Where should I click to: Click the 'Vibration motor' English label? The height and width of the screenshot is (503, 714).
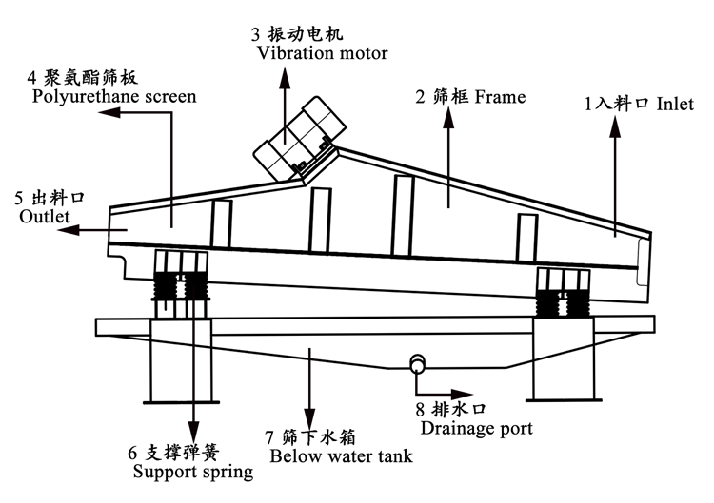coord(322,53)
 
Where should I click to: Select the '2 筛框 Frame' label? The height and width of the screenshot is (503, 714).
coord(470,96)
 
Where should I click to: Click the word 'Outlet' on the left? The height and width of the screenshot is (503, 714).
coord(45,217)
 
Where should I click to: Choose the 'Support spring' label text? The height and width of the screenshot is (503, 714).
coord(192,471)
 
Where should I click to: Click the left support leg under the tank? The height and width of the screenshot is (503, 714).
coord(176,361)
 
